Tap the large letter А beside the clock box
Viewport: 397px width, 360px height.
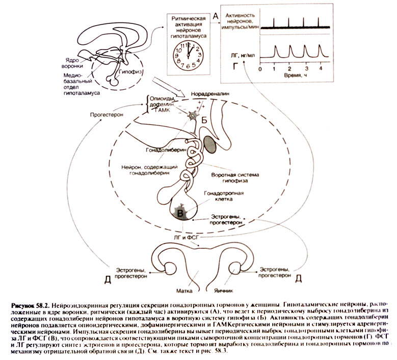(215, 17)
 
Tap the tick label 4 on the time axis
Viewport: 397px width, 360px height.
(321, 68)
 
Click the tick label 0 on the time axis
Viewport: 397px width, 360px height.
(260, 68)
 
